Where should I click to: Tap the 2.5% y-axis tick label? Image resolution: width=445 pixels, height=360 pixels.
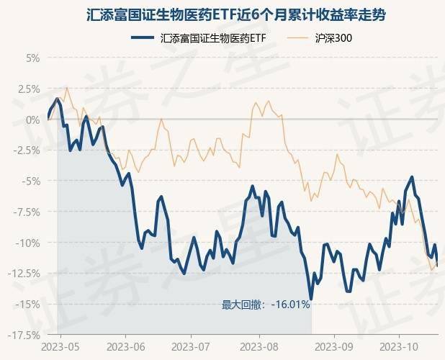[27, 89]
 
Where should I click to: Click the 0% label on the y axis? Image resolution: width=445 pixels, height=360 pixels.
[32, 120]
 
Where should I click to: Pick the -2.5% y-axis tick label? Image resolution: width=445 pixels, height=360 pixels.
[26, 150]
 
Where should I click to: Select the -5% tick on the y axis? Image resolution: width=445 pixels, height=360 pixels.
[30, 181]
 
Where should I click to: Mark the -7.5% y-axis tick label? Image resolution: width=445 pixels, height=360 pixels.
[26, 212]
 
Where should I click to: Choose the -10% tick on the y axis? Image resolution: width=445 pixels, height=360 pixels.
[28, 243]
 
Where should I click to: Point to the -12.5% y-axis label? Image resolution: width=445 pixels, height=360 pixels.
[24, 273]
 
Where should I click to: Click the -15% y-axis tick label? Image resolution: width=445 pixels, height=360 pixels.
[28, 304]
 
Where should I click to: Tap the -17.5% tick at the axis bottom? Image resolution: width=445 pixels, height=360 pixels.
[24, 335]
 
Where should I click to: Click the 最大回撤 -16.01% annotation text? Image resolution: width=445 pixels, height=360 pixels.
[266, 305]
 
